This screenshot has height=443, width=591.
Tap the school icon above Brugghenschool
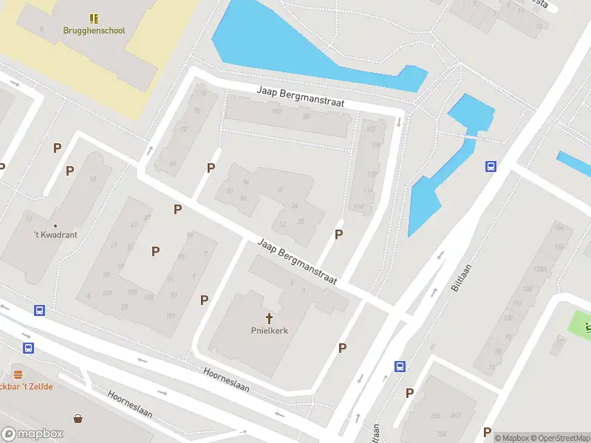point(95,18)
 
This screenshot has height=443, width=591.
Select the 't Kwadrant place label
point(55,235)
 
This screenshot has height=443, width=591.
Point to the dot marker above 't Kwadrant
point(55,225)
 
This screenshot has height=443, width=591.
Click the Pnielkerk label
point(269,331)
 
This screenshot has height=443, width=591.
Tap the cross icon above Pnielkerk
point(269,318)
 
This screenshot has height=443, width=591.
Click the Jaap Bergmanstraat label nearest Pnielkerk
point(297,261)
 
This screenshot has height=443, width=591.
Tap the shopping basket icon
point(78,418)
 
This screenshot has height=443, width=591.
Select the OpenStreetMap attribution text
point(558,438)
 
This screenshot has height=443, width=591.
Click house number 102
point(371,128)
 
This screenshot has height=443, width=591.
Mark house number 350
point(442,433)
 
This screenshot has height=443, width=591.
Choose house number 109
point(106,293)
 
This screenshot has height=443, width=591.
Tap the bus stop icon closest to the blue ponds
point(490,166)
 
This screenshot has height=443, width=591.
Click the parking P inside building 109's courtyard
point(155,251)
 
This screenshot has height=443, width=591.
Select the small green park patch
point(581,323)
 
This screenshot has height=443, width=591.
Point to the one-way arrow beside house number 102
point(399,121)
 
